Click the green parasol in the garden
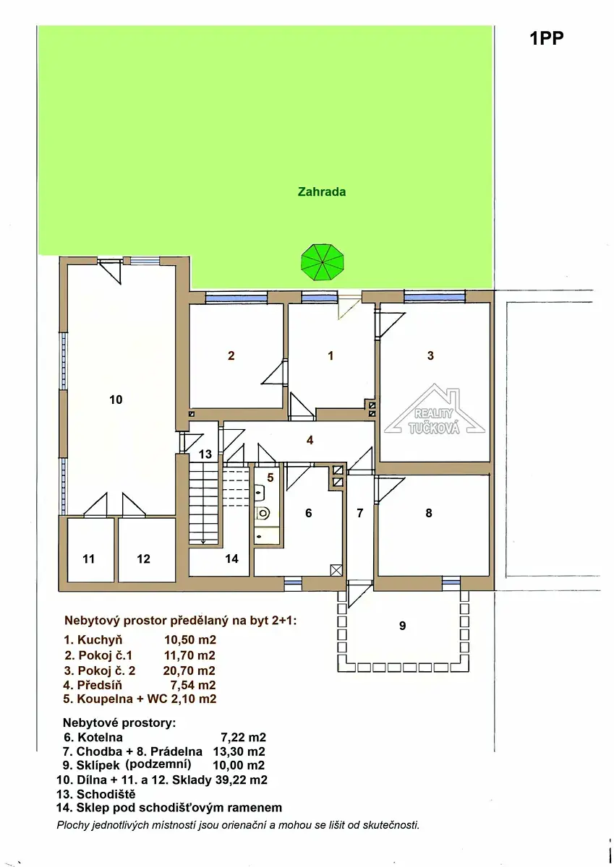tap(323, 262)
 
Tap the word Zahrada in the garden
tap(322, 191)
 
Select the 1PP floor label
tap(547, 38)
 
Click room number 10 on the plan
tap(116, 400)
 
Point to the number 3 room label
tap(430, 355)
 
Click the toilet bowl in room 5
tap(263, 513)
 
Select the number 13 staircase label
tap(205, 454)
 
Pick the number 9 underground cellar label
tap(403, 626)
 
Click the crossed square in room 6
tap(336, 570)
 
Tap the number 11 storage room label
tap(88, 559)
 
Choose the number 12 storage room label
tap(143, 559)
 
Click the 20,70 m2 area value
tap(189, 670)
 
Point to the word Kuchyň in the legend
tap(100, 640)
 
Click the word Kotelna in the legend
tap(100, 737)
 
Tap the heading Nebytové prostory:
tap(119, 722)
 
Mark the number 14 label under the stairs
tap(231, 558)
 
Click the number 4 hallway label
tap(310, 440)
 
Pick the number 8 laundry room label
tap(428, 513)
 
